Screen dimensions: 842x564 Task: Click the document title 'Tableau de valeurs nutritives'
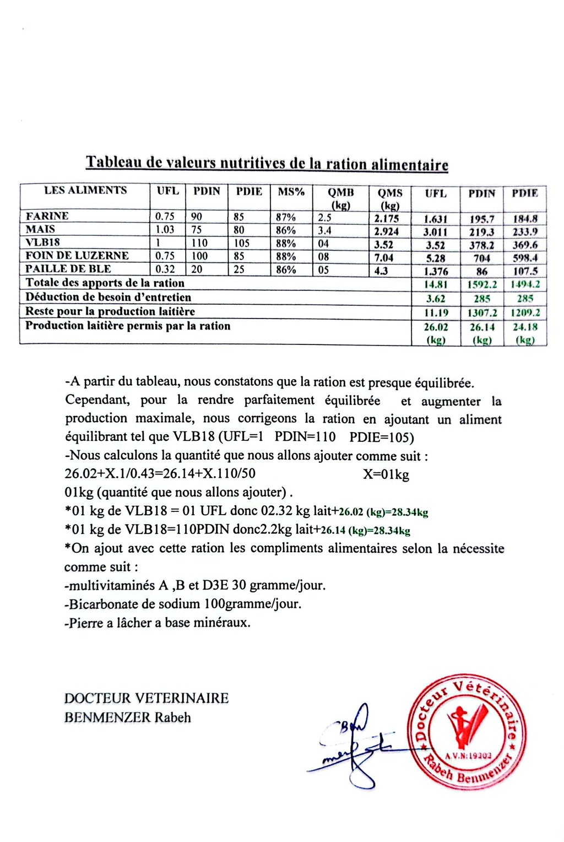click(267, 164)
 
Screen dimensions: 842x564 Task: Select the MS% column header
click(291, 192)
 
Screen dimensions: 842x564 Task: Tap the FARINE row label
click(47, 216)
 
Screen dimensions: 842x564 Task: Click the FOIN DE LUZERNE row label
click(77, 256)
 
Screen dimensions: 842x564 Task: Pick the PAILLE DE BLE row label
click(68, 269)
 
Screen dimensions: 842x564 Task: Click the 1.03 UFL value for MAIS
click(165, 230)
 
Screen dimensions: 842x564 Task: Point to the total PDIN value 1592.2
click(482, 285)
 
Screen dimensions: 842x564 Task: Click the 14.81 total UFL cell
click(435, 285)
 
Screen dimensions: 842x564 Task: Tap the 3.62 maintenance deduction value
click(435, 299)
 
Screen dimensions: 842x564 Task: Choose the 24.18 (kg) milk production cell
click(525, 333)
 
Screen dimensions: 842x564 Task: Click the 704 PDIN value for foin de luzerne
click(482, 258)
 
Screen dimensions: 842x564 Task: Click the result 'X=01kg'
click(386, 474)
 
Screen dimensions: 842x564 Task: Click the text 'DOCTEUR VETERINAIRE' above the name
click(146, 698)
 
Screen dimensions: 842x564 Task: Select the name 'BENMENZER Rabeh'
click(127, 717)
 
